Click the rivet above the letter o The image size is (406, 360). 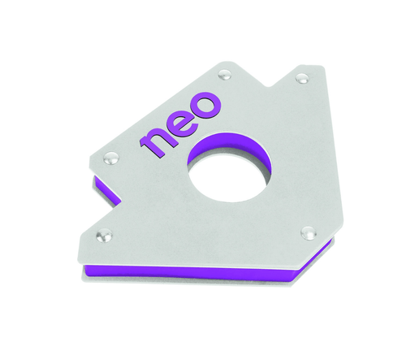click(225, 76)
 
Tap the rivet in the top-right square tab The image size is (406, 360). click(302, 78)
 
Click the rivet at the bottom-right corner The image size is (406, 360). click(307, 232)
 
